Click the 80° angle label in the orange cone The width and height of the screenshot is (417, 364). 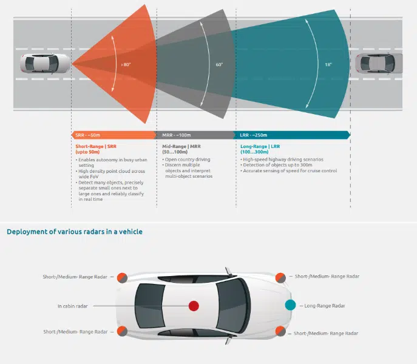coord(126,64)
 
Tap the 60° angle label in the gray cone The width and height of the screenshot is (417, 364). coord(219,64)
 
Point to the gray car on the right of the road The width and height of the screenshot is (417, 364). coord(379,62)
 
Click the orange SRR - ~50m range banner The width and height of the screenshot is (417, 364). coord(113,135)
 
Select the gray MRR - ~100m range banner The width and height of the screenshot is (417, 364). coord(195,135)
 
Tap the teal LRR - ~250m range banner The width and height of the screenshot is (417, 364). coord(291,135)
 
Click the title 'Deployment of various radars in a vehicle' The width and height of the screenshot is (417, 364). coord(75,231)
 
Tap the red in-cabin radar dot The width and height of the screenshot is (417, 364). coord(194,305)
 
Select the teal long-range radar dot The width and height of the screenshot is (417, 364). coord(290,305)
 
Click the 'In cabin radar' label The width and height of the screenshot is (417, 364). coord(72,306)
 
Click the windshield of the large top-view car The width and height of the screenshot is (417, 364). coord(231,305)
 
